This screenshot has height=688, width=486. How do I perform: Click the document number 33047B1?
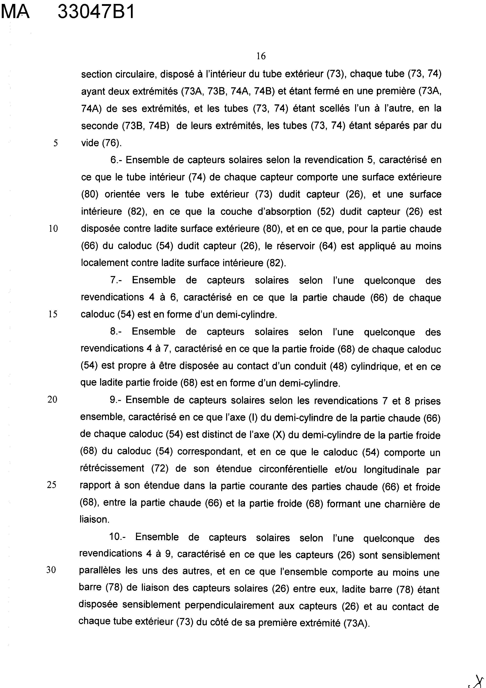click(96, 13)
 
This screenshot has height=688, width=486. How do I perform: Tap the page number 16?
click(261, 56)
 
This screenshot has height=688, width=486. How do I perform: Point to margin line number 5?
click(55, 143)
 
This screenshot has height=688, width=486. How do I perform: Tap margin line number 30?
click(51, 570)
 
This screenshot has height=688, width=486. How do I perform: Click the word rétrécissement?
click(112, 468)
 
